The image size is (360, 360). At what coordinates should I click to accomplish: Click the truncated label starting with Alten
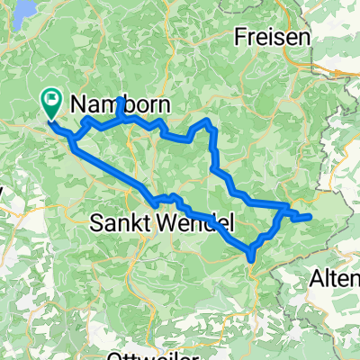[x=335, y=280]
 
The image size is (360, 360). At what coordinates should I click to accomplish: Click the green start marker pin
[x=51, y=103]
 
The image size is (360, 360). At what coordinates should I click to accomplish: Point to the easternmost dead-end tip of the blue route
[x=310, y=216]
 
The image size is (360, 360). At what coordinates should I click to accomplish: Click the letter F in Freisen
[x=240, y=38]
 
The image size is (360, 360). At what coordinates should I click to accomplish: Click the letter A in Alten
[x=317, y=280]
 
